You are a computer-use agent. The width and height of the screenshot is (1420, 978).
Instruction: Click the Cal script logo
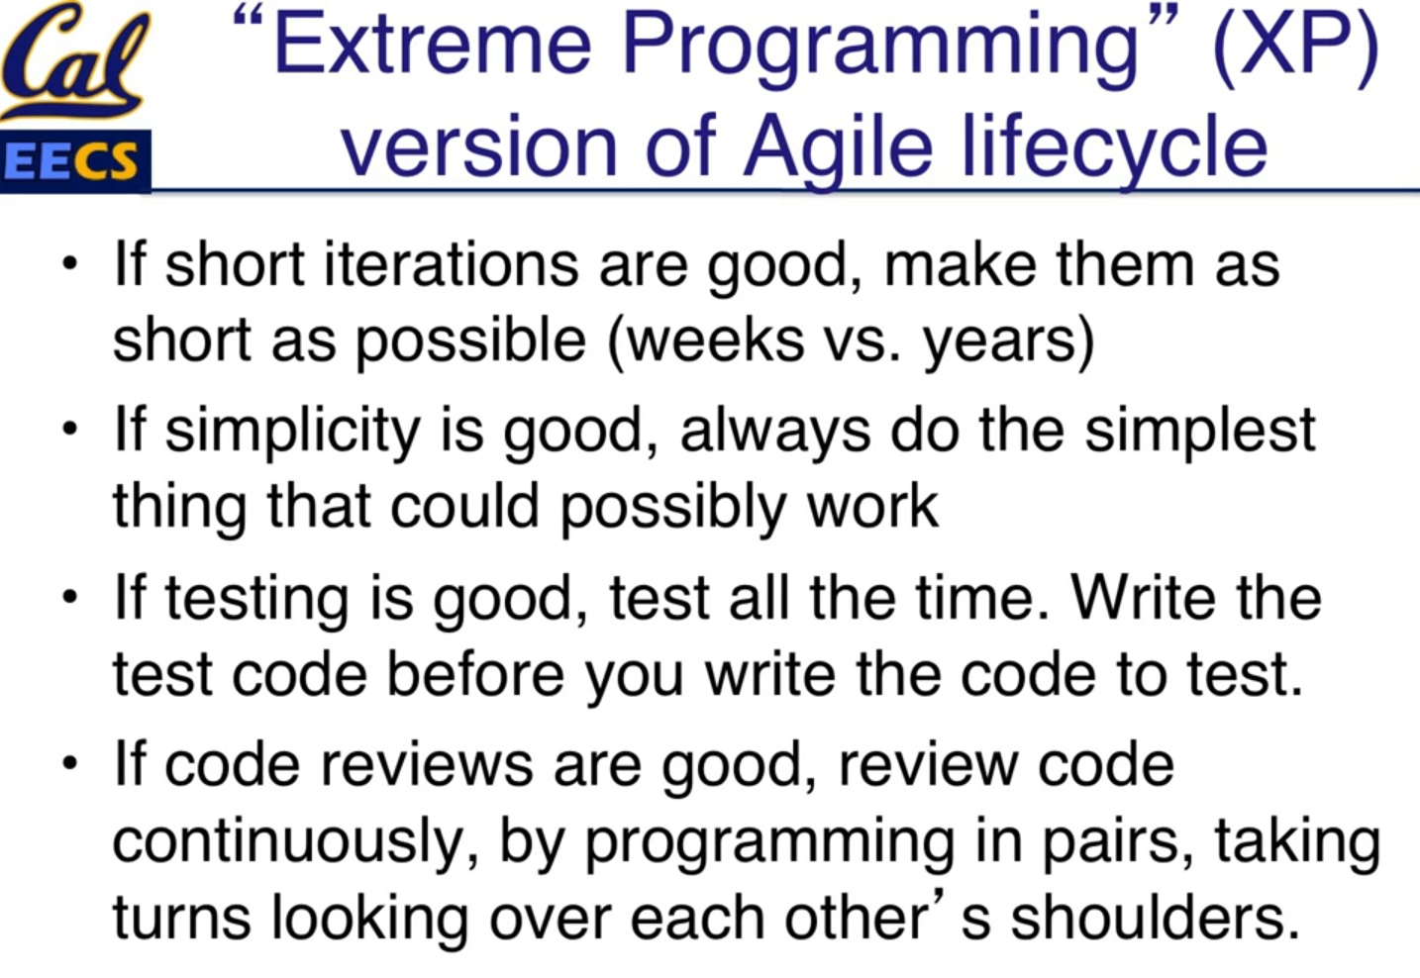76,60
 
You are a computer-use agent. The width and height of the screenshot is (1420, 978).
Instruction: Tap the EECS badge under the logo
75,161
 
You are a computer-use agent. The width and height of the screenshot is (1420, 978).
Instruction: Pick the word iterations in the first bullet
451,264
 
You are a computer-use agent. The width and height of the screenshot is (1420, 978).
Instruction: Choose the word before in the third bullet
474,674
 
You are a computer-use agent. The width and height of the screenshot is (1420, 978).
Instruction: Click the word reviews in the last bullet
427,765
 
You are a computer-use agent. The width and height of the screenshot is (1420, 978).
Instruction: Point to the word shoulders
1155,919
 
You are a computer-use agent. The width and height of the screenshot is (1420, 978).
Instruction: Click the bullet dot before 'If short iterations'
69,263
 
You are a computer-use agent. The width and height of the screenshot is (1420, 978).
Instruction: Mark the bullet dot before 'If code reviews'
69,762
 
